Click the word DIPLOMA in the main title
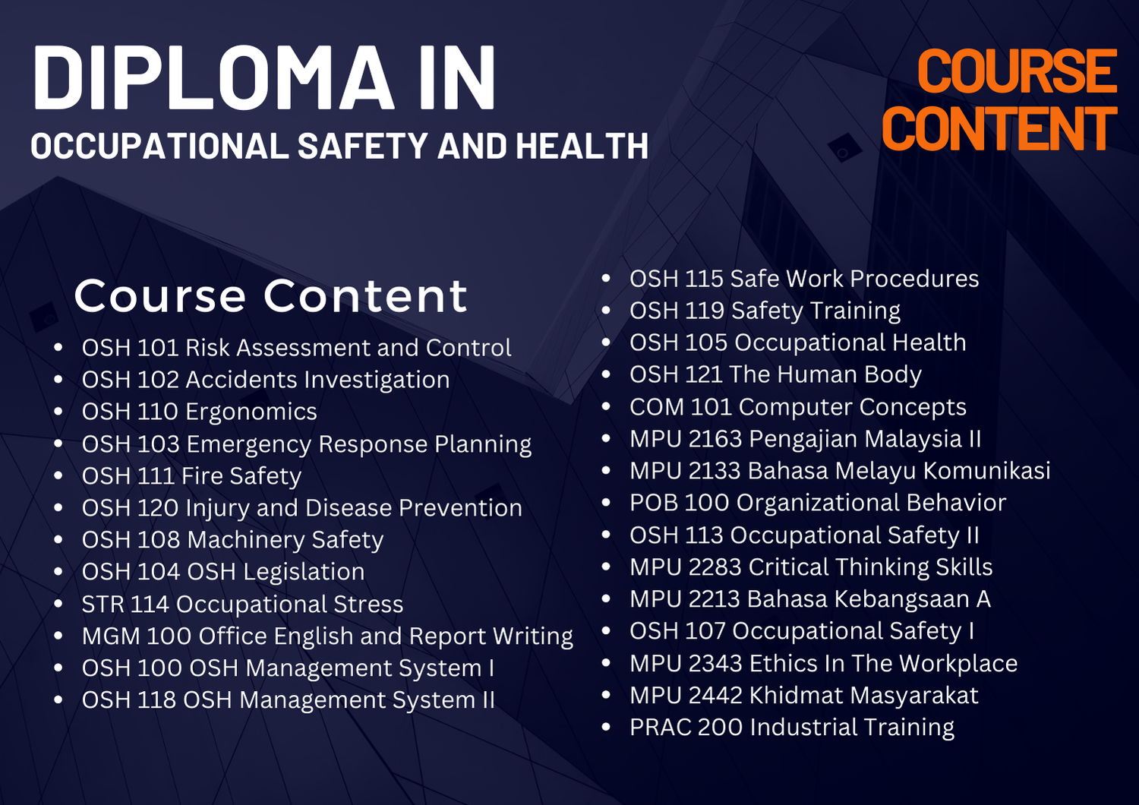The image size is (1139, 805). click(213, 77)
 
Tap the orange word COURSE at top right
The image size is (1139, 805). click(1017, 71)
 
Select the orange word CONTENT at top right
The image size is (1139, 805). click(1000, 128)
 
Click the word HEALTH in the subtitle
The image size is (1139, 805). click(582, 146)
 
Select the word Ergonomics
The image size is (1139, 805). click(251, 412)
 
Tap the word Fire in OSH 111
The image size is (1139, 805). click(202, 476)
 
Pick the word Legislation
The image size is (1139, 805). click(304, 573)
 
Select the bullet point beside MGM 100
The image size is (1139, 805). click(58, 636)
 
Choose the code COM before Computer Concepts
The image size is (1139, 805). click(657, 407)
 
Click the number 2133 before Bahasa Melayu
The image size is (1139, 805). click(715, 471)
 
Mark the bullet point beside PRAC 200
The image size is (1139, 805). click(606, 728)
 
